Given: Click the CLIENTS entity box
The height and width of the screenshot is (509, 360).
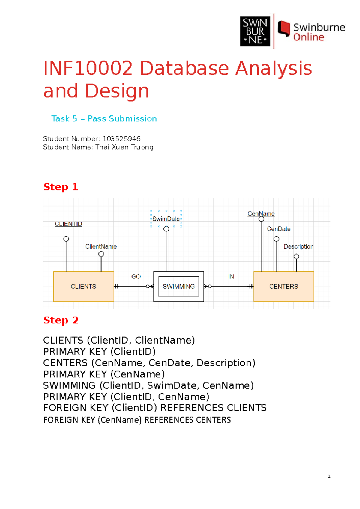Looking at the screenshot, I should tap(83, 286).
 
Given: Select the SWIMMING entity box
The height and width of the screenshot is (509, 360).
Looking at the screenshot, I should tap(178, 286).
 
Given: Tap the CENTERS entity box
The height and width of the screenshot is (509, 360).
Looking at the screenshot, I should tap(283, 286).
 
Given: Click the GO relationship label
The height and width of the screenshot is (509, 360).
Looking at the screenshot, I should tap(136, 276).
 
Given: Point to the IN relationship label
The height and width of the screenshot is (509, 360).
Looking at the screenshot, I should tap(231, 276).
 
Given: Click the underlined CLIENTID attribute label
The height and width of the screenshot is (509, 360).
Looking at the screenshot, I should tap(68, 224).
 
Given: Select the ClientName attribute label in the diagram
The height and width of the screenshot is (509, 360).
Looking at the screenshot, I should tap(101, 246).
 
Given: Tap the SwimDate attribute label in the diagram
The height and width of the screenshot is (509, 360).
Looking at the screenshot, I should tap(166, 219).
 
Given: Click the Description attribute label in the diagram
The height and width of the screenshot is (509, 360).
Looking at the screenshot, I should tap(298, 246).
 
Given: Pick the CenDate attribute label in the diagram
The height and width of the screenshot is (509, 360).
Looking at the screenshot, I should tap(279, 229).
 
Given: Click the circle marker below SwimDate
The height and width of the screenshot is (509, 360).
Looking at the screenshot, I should tap(166, 229).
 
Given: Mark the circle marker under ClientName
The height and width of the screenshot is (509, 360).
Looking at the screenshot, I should tap(101, 254).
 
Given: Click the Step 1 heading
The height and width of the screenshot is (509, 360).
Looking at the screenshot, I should tap(61, 187).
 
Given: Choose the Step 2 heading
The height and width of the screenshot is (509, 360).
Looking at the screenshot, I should tap(61, 320).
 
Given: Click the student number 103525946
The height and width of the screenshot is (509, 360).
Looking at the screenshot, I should tap(121, 139).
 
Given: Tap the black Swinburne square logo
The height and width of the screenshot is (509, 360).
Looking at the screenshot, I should tap(255, 31).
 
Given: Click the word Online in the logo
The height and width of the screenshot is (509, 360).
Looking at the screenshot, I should tap(309, 37).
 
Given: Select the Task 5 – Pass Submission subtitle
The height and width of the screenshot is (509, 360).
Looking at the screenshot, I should tap(104, 119).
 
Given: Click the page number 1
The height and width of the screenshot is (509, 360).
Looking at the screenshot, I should tap(329, 476).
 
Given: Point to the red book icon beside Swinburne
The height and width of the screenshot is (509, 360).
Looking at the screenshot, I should tap(284, 28).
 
